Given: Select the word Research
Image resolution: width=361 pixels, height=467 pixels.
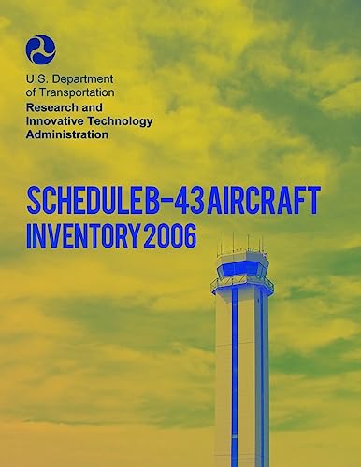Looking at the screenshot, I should [51, 107].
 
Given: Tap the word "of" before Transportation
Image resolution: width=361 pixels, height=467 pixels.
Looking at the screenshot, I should [33, 92].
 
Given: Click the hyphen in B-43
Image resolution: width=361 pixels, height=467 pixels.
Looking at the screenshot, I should [168, 200].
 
